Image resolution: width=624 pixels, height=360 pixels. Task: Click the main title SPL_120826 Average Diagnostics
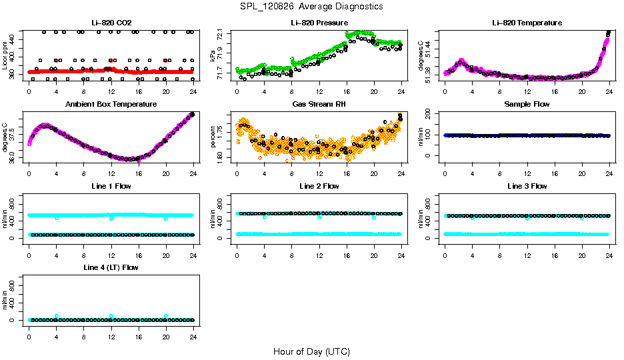[x=311, y=6]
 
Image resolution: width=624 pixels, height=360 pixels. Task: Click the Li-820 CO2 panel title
[x=111, y=23]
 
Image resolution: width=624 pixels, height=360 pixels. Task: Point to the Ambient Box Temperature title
[x=111, y=104]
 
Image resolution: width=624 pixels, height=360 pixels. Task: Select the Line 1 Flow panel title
[x=111, y=186]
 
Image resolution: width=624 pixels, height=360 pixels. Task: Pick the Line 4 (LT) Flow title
[x=111, y=267]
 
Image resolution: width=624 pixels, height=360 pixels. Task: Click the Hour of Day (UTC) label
[x=311, y=351]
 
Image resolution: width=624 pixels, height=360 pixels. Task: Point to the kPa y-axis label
[x=213, y=55]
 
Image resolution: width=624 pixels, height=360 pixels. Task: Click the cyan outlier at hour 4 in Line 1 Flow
[x=57, y=218]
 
